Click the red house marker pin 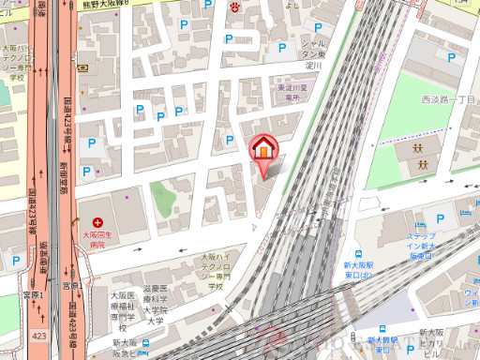(x=262, y=150)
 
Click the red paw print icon (x=235, y=6)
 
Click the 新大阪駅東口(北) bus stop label (x=383, y=344)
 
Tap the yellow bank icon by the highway (x=82, y=67)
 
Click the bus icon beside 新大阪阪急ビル (x=146, y=343)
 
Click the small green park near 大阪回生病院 (x=163, y=200)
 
